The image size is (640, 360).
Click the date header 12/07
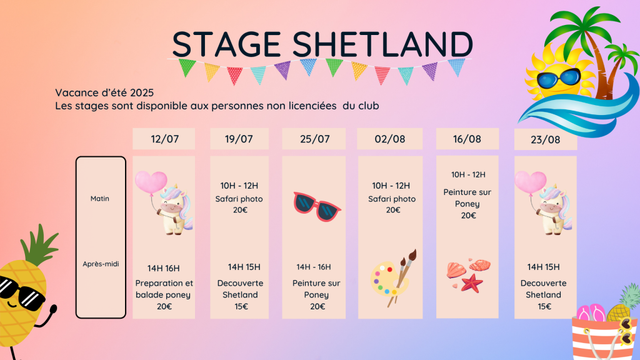click(164, 139)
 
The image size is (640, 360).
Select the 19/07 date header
click(239, 139)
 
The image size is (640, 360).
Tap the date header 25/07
click(315, 139)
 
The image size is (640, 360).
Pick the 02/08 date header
click(390, 139)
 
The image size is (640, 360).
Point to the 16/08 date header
click(467, 139)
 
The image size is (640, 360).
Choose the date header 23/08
click(545, 140)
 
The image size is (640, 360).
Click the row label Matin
click(99, 199)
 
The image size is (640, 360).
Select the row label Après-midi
click(101, 264)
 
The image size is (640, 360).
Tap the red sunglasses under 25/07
click(317, 206)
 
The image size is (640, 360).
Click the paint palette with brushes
click(392, 278)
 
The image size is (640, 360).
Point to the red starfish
click(472, 283)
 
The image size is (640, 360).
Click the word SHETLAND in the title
click(382, 44)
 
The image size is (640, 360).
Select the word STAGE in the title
click(226, 44)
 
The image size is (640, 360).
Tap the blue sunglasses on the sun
click(558, 79)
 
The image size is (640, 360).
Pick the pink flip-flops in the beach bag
click(591, 312)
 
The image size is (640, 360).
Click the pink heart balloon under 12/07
click(151, 182)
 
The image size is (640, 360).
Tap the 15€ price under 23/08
click(544, 306)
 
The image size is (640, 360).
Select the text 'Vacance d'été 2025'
click(104, 93)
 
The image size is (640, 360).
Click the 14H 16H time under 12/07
click(163, 269)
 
